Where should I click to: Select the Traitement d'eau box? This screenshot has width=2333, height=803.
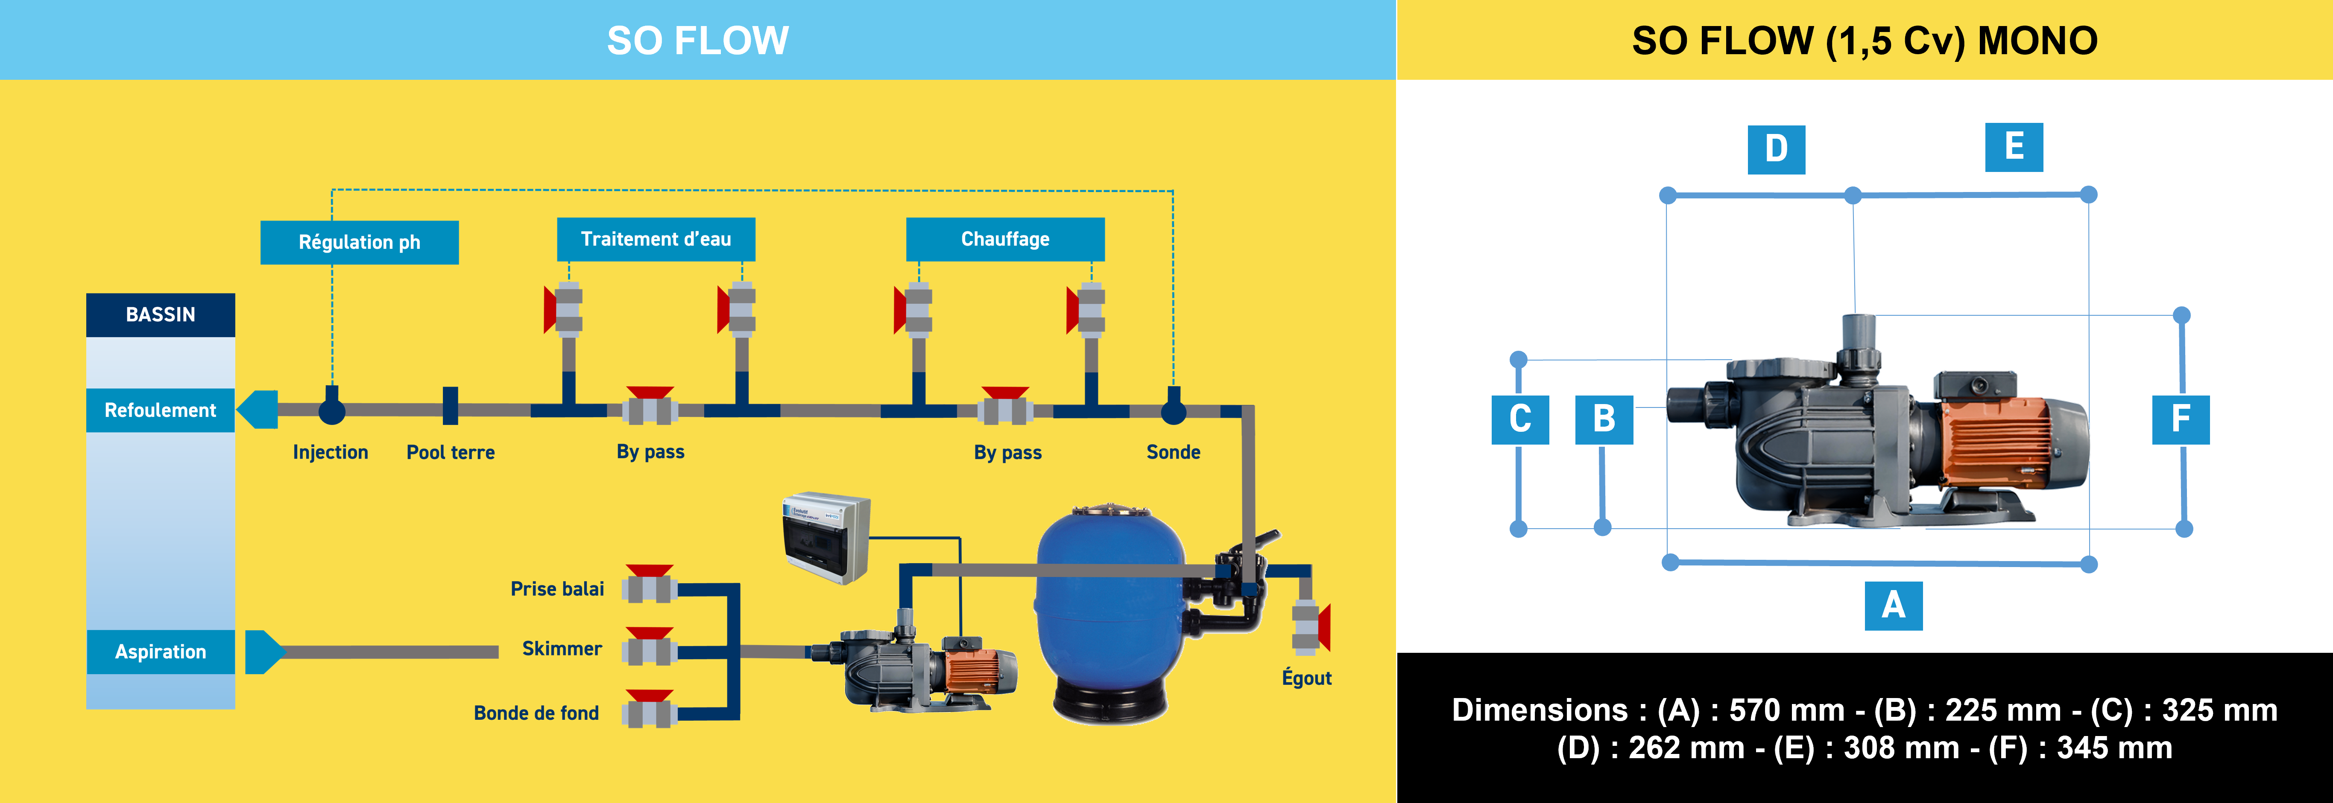[x=656, y=239]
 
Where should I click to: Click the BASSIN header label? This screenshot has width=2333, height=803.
[x=160, y=314]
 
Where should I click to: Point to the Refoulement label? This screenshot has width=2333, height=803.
[x=160, y=410]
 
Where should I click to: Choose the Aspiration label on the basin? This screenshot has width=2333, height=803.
[x=160, y=652]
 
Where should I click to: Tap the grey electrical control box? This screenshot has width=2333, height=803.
[x=826, y=537]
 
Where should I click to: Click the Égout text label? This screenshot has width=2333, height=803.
[x=1306, y=678]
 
